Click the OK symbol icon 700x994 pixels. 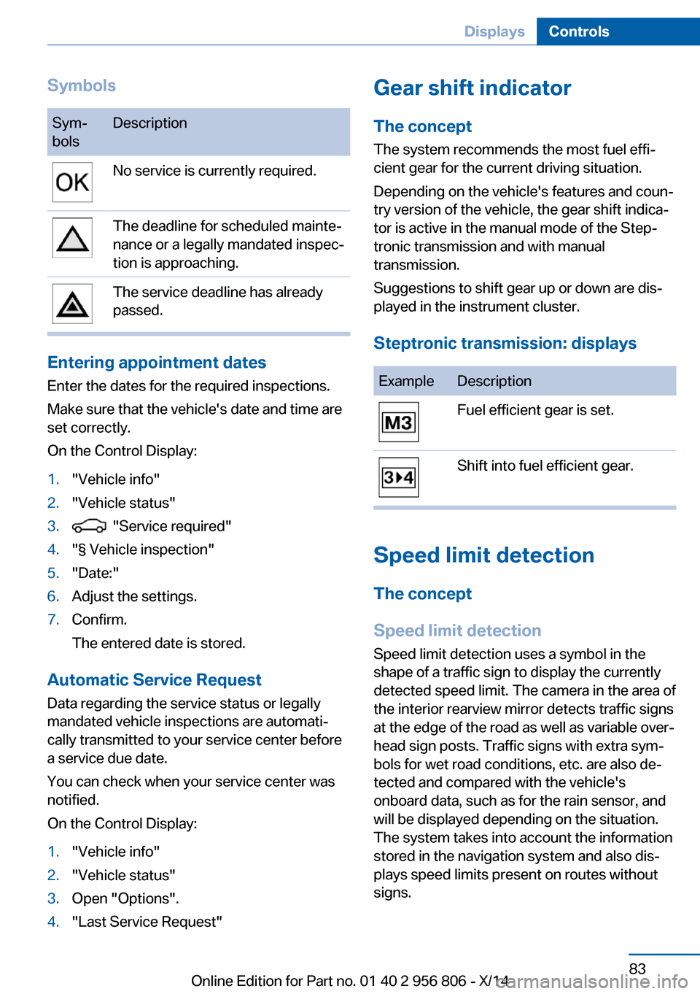[x=72, y=182]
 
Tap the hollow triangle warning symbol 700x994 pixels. [x=72, y=238]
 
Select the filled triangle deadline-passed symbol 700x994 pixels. [x=72, y=304]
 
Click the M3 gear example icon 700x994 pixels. [x=398, y=423]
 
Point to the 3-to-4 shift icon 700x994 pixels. [x=398, y=477]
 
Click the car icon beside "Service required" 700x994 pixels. [x=89, y=526]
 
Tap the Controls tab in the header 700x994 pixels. [x=579, y=31]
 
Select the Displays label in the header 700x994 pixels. [x=494, y=31]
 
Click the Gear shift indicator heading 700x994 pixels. [x=472, y=88]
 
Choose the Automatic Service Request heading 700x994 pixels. [x=154, y=680]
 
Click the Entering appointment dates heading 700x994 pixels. [x=156, y=363]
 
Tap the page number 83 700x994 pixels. [x=637, y=968]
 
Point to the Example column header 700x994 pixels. [x=406, y=381]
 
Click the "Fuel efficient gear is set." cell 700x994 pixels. [x=535, y=410]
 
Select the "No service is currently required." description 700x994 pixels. [x=214, y=171]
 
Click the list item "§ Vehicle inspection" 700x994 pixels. [x=143, y=550]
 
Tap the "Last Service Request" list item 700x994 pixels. [x=147, y=922]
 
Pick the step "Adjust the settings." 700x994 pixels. [x=134, y=596]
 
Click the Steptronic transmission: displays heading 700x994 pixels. [x=505, y=343]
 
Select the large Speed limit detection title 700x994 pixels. [x=483, y=555]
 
